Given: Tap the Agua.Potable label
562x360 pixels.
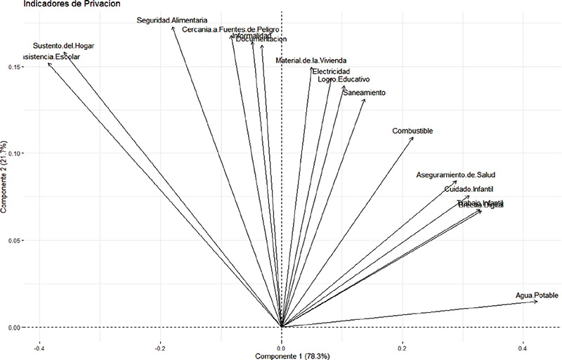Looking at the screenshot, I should (537, 295).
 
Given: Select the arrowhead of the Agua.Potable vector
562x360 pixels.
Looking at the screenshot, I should (537, 302).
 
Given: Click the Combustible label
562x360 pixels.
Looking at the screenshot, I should (412, 131).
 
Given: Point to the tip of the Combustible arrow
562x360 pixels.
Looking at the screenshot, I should (413, 138).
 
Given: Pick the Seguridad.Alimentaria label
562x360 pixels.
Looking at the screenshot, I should (172, 20).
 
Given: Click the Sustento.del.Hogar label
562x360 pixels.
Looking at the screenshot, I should (63, 46).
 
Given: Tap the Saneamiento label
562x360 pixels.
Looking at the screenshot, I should (364, 93).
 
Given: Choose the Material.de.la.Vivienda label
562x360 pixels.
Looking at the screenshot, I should (311, 61).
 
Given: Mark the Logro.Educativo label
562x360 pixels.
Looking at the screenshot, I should (344, 79).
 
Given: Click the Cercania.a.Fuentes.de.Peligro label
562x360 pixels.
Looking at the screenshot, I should (231, 30).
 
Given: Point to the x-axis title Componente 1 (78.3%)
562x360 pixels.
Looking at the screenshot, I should (282, 356).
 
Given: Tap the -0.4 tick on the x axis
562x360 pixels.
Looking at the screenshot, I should (39, 347).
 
